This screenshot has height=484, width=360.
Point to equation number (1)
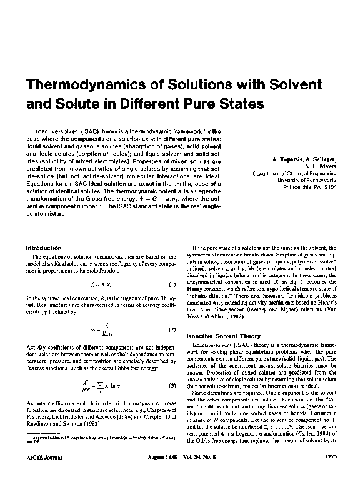coord(170,284)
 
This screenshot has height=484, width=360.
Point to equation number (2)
coord(170,328)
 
